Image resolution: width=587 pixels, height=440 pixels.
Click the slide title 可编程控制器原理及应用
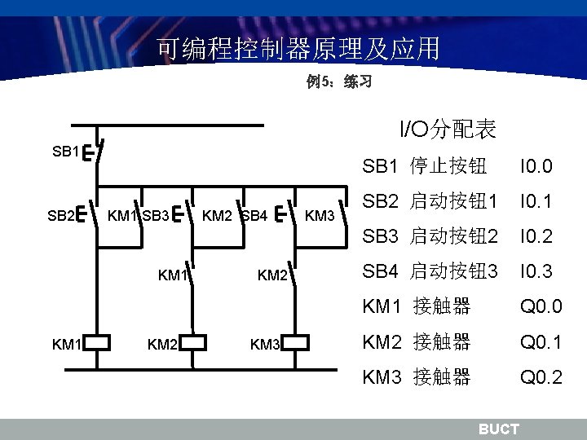[298, 50]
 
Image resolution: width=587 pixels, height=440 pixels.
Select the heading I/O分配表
[448, 129]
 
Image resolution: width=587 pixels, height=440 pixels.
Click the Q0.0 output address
[541, 307]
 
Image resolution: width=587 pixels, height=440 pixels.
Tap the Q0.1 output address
[541, 342]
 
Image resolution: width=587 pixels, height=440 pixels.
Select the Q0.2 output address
[541, 377]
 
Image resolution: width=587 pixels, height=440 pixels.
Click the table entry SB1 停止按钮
[425, 167]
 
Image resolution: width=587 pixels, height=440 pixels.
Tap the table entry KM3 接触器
[417, 377]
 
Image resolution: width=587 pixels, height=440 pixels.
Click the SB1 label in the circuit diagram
[65, 152]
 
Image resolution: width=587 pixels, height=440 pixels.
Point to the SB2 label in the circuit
[60, 216]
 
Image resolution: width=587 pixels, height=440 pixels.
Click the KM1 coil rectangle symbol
[97, 342]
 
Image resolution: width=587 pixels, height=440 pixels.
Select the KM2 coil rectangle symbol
[193, 342]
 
